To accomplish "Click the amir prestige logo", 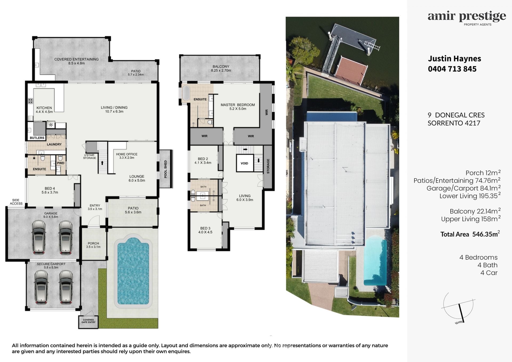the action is click(467, 18).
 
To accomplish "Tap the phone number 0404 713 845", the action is click(452, 69).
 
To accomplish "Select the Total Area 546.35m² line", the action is click(470, 234).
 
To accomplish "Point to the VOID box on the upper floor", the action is click(245, 163).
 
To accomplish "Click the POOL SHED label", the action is click(165, 169).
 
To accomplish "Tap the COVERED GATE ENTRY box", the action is click(88, 321).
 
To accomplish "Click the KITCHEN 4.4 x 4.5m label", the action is click(44, 110).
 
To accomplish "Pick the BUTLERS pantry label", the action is click(37, 138).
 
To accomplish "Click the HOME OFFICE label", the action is click(127, 154).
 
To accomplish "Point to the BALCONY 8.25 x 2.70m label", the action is click(221, 69).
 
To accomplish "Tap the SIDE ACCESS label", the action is click(16, 202).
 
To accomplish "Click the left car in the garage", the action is click(39, 237).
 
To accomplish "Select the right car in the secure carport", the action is click(66, 287).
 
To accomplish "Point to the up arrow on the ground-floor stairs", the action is click(102, 163).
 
